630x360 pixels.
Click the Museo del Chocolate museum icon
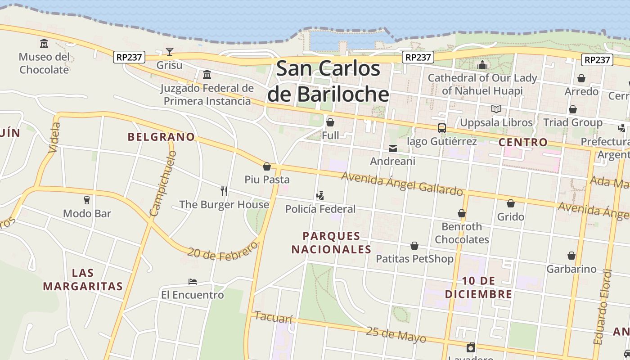44,43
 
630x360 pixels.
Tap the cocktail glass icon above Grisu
170,52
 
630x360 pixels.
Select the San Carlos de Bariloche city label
328,81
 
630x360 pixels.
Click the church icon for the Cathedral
482,65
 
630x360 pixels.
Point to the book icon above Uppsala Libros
496,109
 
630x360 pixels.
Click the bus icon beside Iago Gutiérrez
442,128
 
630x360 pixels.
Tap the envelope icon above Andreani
393,148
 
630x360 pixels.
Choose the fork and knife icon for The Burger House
224,191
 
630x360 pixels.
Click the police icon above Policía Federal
320,196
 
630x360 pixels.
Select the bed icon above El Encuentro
193,282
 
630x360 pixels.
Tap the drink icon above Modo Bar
87,200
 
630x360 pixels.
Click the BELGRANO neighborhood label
161,137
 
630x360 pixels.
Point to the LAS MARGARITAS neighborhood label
83,279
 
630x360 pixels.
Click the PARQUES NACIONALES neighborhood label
331,243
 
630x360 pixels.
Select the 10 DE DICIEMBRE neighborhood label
478,288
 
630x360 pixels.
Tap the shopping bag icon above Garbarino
571,256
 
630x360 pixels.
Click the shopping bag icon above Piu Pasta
267,166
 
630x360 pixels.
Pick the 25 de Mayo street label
396,334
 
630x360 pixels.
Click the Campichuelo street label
163,183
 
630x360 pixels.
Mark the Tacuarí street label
274,317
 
